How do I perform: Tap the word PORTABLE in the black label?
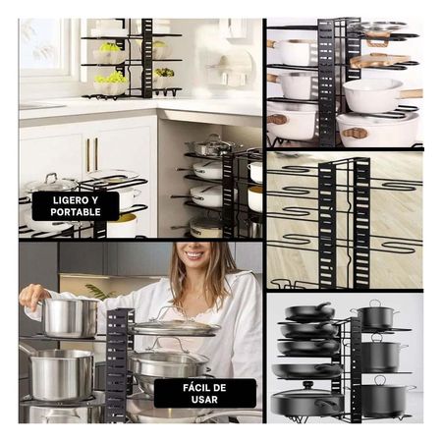click(x=76, y=212)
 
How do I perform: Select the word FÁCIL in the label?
click(x=196, y=388)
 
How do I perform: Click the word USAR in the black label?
click(x=204, y=400)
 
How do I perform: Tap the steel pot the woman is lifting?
click(x=70, y=317)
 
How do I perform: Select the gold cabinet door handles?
click(x=92, y=154)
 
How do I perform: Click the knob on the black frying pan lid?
click(x=307, y=384)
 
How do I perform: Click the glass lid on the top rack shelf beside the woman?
click(x=176, y=325)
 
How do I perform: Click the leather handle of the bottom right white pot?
click(x=355, y=133)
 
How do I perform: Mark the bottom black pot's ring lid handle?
click(x=380, y=380)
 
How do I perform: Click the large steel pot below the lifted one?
click(x=61, y=373)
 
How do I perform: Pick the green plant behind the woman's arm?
click(x=99, y=291)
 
